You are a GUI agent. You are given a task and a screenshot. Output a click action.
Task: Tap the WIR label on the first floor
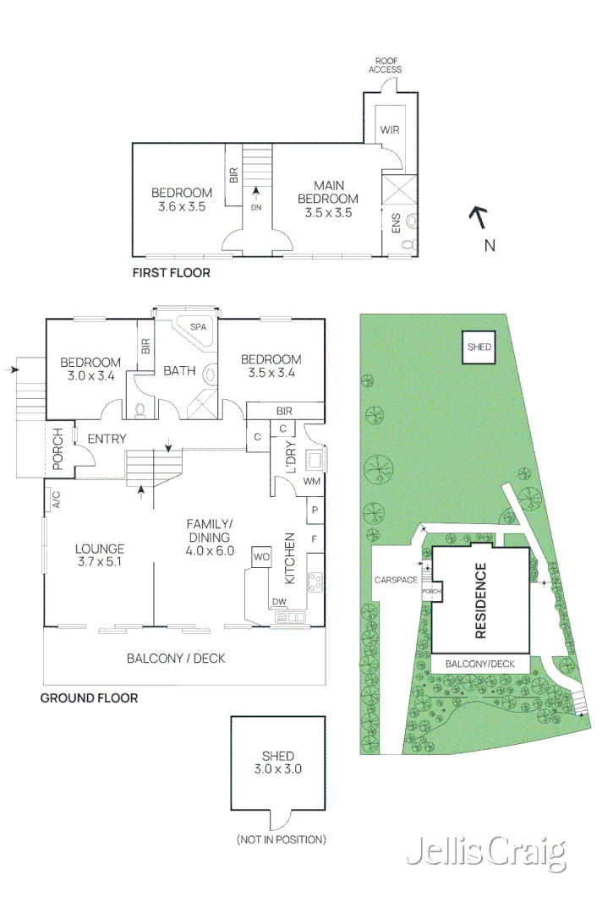(389, 130)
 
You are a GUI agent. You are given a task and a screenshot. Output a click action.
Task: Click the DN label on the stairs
(255, 206)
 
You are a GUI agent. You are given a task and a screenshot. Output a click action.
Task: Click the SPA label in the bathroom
(198, 326)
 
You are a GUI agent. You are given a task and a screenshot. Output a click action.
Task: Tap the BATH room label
(179, 370)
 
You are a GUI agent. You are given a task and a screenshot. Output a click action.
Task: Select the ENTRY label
(107, 438)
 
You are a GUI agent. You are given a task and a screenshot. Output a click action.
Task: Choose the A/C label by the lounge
(57, 500)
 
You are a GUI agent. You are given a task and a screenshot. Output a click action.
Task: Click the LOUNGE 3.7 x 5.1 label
(100, 554)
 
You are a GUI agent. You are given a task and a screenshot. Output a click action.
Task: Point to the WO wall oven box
(260, 556)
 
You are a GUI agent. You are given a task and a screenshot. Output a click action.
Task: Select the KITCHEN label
(289, 559)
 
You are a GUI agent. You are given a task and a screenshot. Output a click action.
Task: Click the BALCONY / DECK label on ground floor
(176, 658)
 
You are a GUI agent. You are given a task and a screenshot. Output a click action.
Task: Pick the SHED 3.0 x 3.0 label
(277, 763)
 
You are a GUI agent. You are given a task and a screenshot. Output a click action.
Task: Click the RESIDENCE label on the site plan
(480, 600)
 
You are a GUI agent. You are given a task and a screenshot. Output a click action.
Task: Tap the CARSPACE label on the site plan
(397, 581)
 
